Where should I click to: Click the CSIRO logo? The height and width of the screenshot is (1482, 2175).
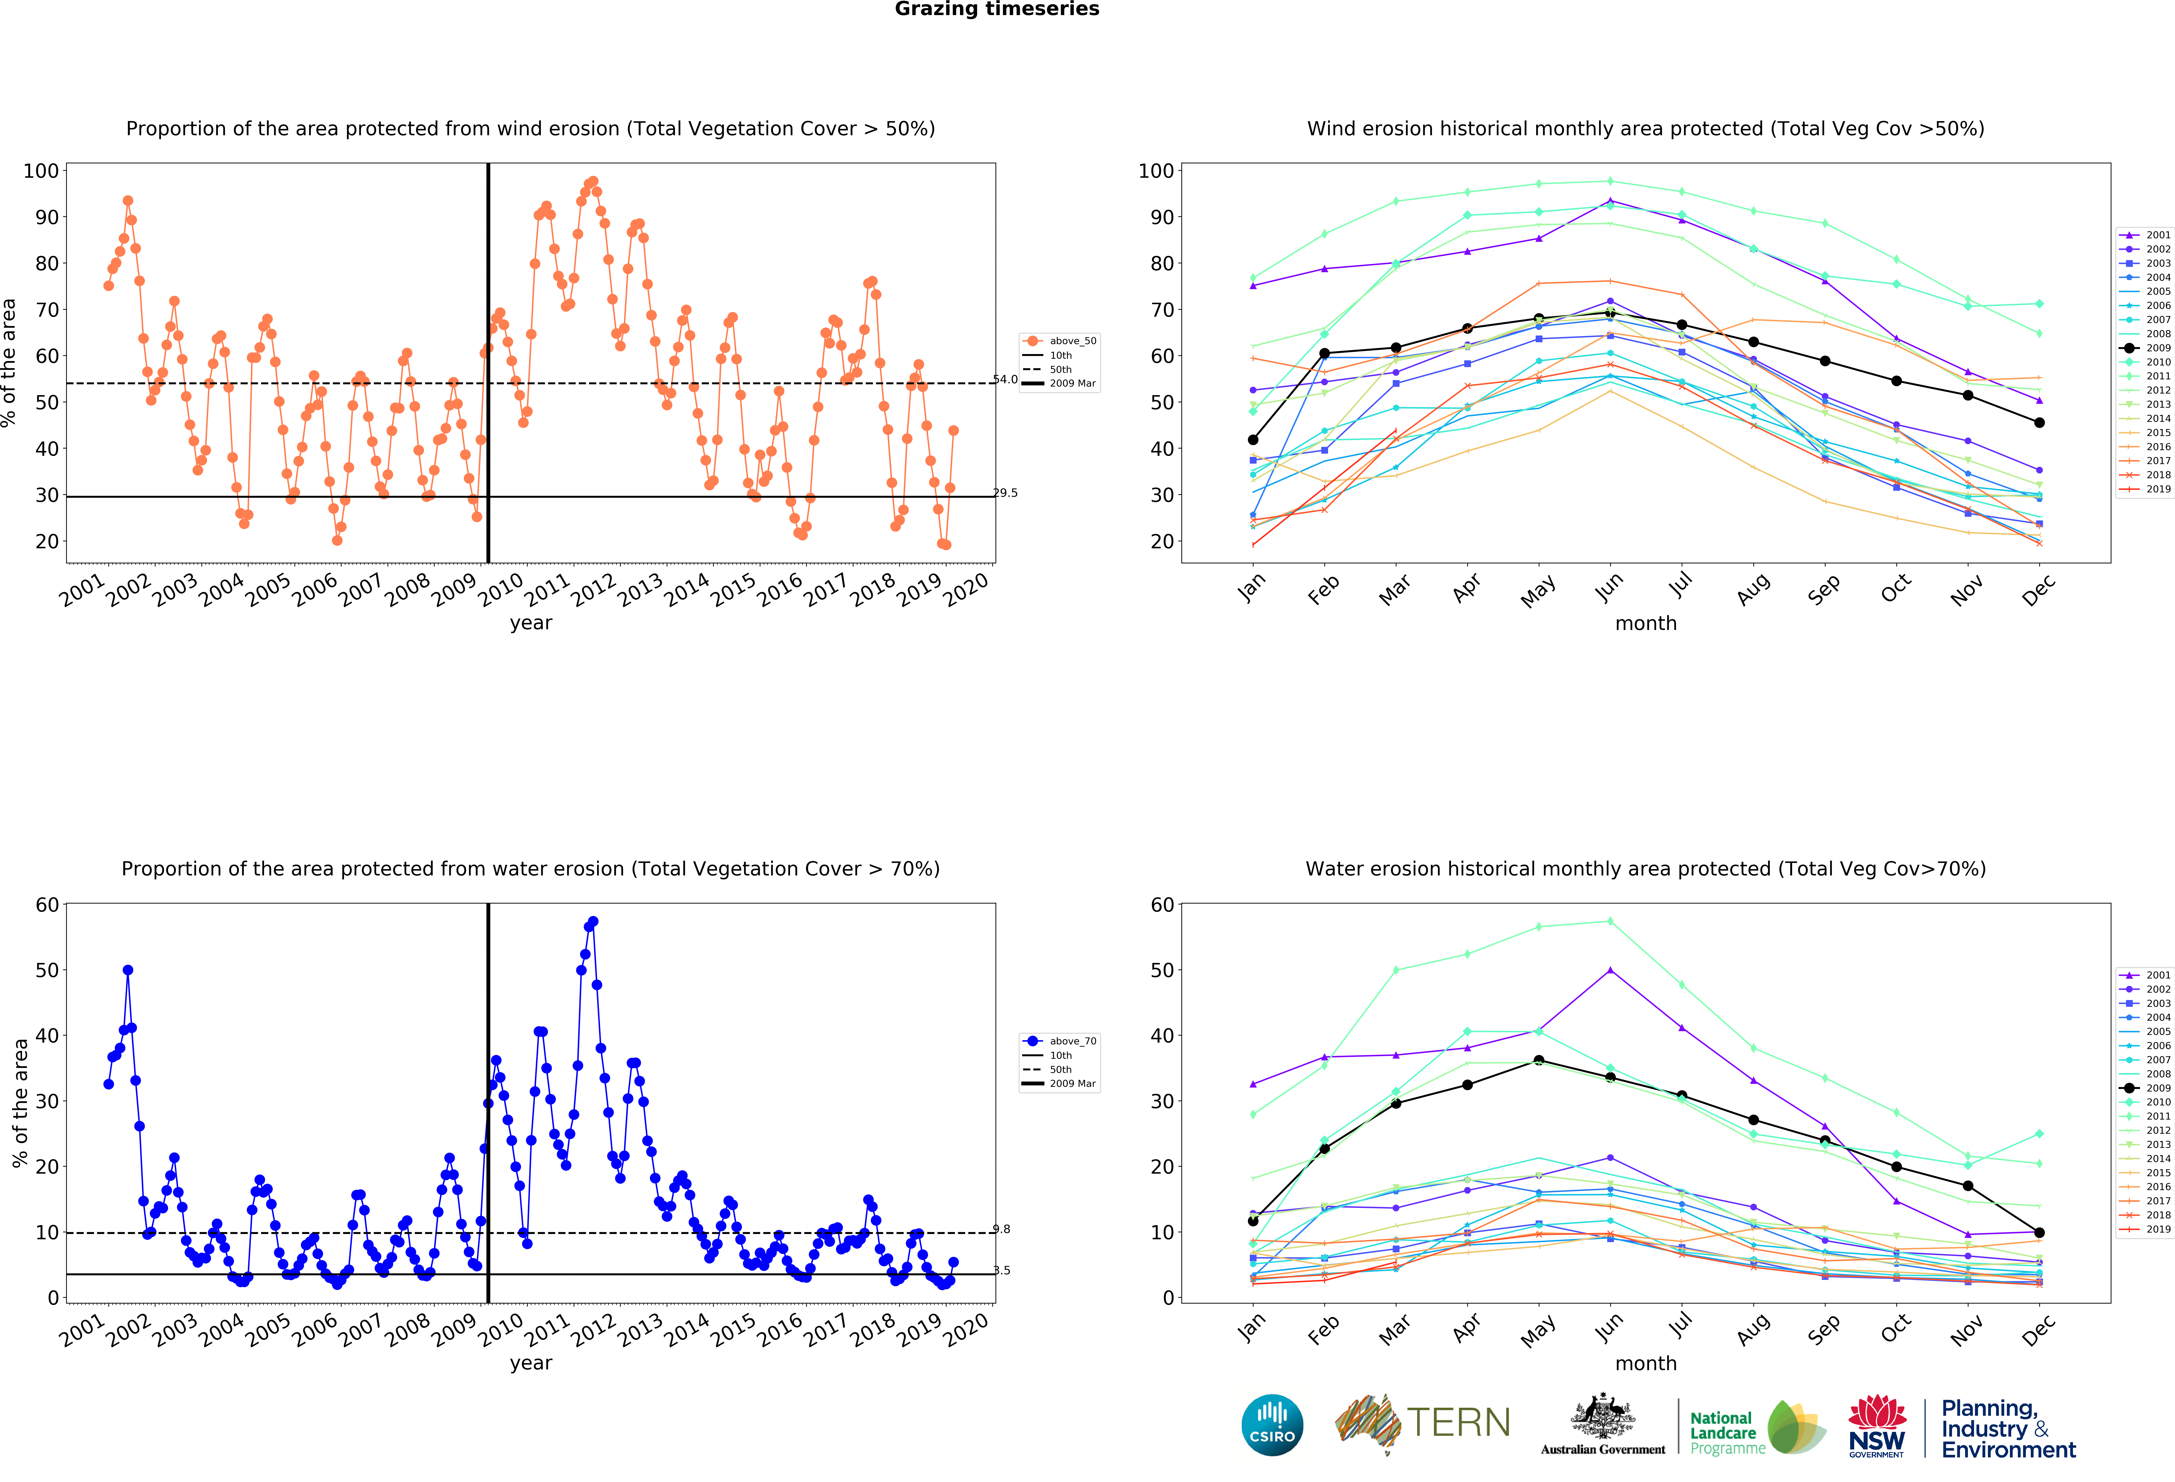coord(1272,1425)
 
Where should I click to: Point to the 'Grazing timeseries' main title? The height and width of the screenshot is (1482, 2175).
coord(997,9)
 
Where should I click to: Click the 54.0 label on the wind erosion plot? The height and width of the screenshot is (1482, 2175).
coord(1005,379)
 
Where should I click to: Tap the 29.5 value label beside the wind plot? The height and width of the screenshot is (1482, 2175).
coord(1005,493)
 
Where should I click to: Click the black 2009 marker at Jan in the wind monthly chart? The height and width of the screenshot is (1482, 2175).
coord(1253,440)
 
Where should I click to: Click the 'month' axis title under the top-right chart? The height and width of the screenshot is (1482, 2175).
coord(1645,623)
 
